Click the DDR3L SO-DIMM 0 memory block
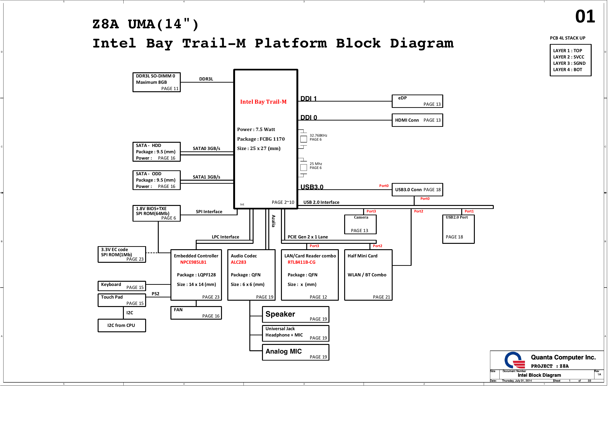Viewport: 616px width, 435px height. click(x=156, y=82)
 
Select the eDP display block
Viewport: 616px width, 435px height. click(x=417, y=101)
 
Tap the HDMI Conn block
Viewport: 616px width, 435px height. click(x=417, y=120)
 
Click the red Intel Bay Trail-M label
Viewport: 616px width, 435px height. click(x=263, y=102)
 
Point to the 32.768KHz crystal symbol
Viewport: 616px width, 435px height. click(x=303, y=139)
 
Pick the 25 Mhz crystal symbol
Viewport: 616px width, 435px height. click(x=303, y=167)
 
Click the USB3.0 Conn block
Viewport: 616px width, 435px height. click(x=417, y=190)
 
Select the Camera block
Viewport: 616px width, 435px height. click(x=360, y=224)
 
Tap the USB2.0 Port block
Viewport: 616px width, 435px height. click(x=458, y=229)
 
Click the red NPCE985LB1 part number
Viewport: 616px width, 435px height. click(x=193, y=262)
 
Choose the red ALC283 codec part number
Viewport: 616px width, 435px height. click(x=238, y=262)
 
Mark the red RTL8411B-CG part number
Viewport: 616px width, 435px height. click(x=301, y=262)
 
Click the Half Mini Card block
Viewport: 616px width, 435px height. click(x=368, y=275)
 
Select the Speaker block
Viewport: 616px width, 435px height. click(x=295, y=314)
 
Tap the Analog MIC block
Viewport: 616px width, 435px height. click(x=295, y=352)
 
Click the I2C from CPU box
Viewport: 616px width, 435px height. click(x=122, y=325)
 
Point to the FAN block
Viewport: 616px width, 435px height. click(x=196, y=313)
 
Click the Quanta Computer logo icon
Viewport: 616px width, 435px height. click(x=514, y=360)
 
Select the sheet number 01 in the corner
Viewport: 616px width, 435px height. click(x=585, y=17)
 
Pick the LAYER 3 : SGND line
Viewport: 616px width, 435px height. click(x=569, y=63)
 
